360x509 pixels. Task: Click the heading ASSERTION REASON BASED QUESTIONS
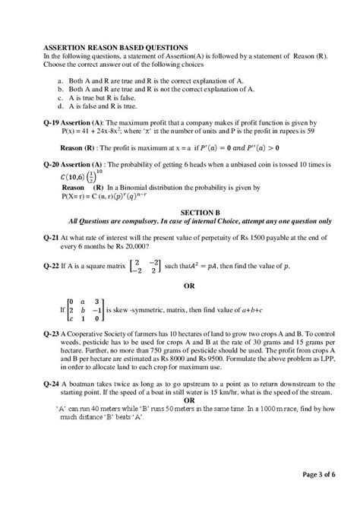point(116,47)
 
